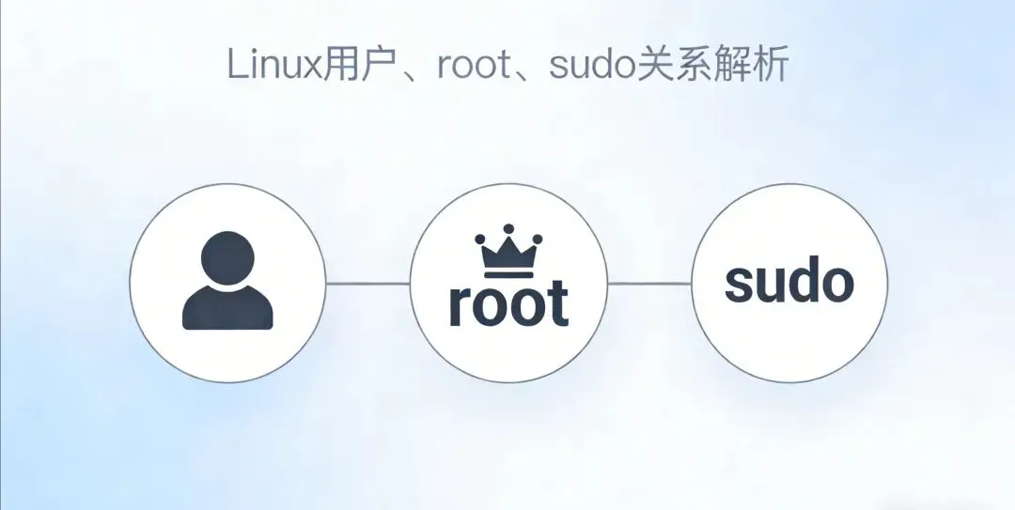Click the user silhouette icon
click(x=227, y=281)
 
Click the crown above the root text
click(x=508, y=250)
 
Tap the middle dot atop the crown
click(x=508, y=228)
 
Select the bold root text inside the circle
click(x=508, y=303)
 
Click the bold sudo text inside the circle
click(x=789, y=281)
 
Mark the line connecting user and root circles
click(x=367, y=283)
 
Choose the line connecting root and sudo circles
click(x=649, y=283)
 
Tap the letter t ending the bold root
click(x=559, y=303)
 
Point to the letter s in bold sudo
click(x=740, y=285)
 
